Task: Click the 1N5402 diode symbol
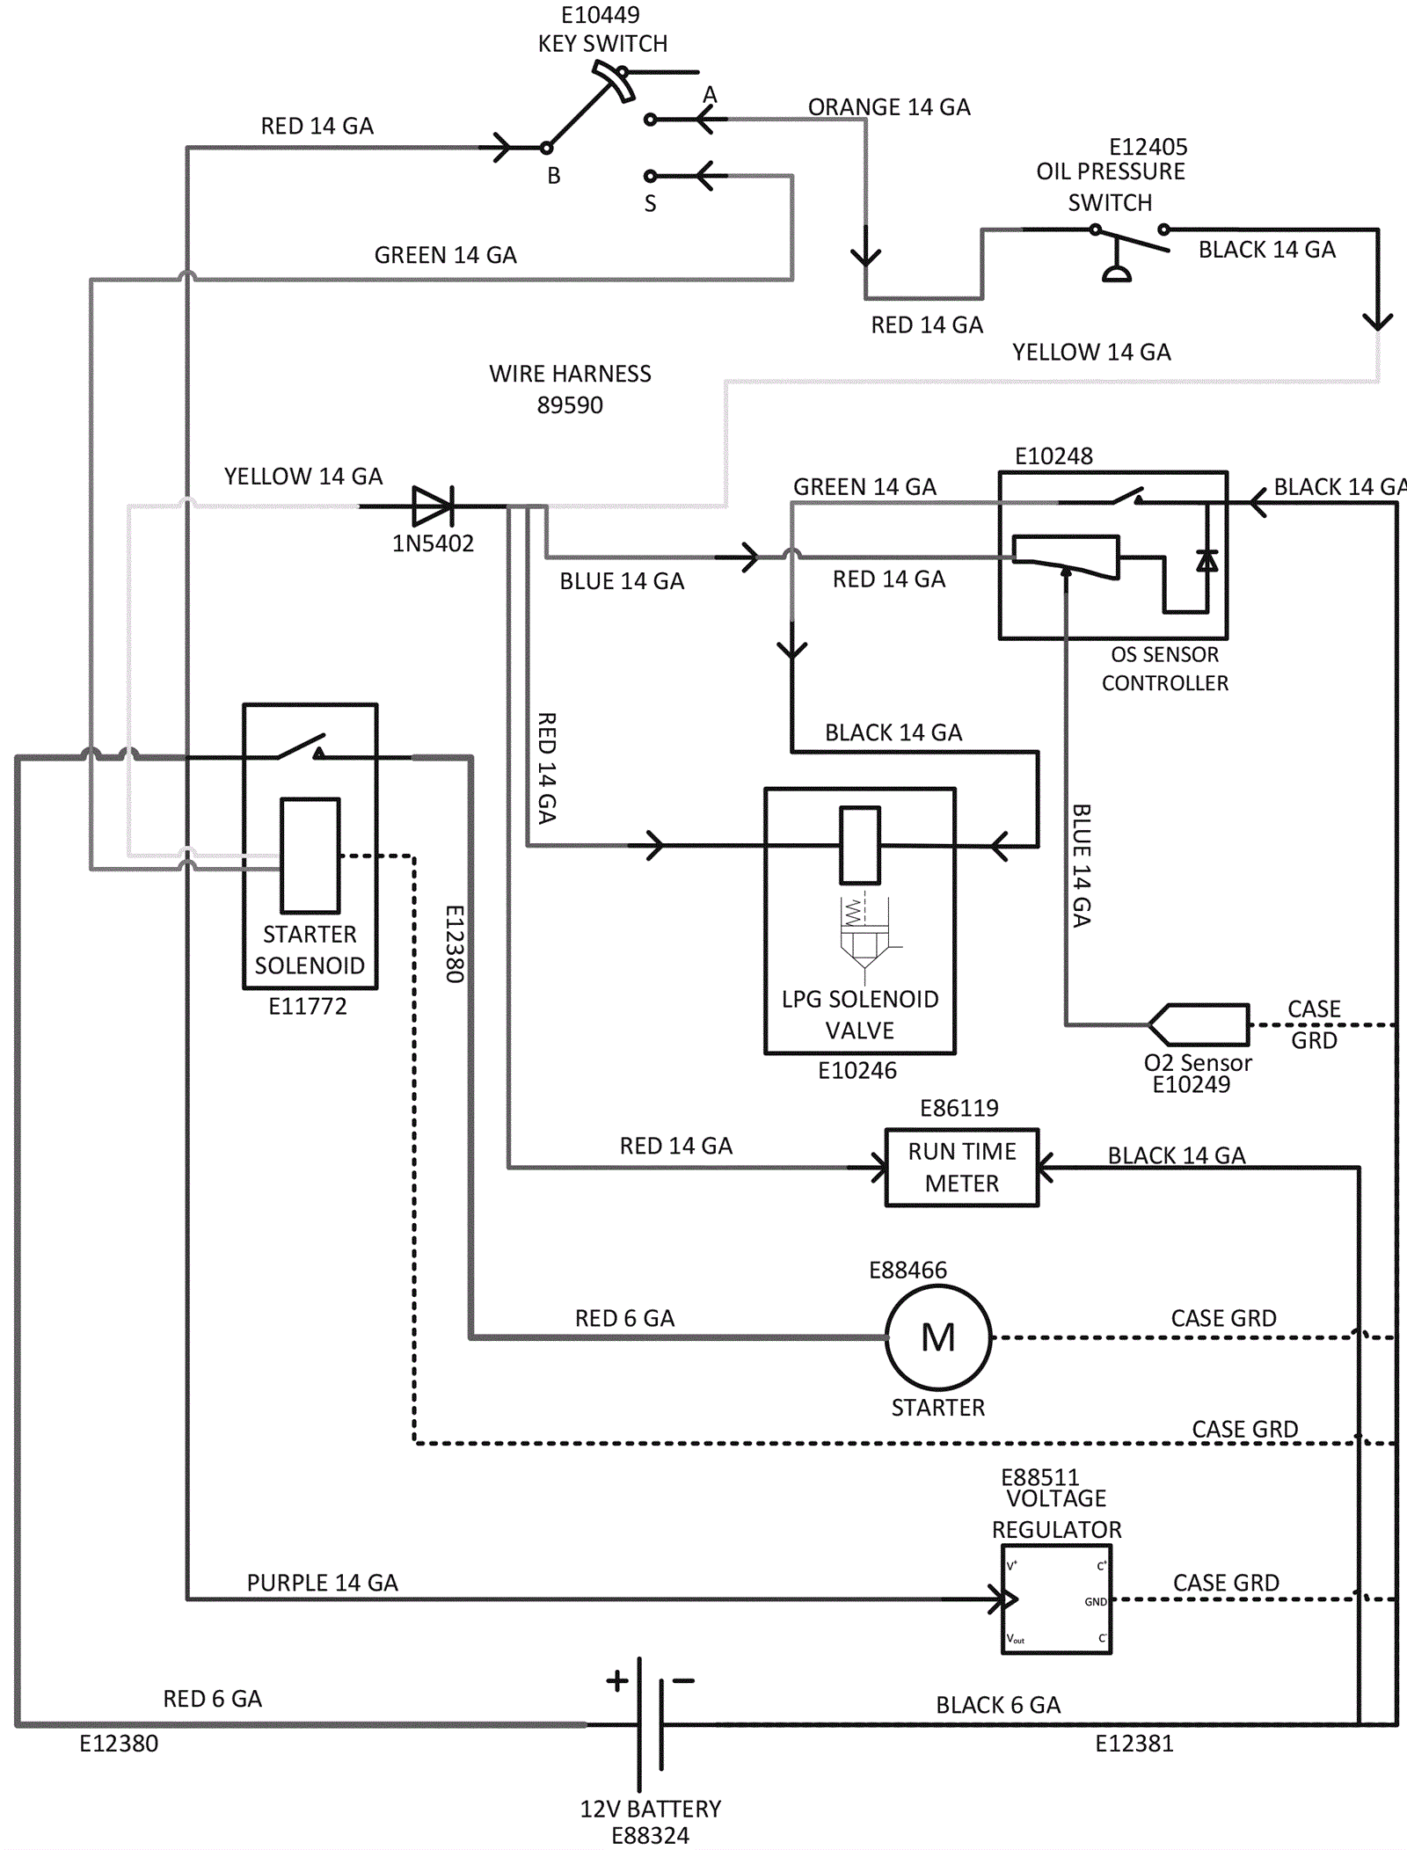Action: tap(434, 506)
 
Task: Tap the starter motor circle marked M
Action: tap(938, 1337)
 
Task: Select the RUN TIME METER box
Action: tap(962, 1168)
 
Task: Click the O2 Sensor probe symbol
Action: tap(1199, 1025)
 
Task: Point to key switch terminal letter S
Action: tap(650, 204)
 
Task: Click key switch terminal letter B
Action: tap(554, 176)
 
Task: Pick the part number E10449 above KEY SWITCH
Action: tap(601, 15)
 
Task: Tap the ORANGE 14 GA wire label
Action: tap(889, 107)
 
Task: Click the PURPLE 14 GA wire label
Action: tap(322, 1583)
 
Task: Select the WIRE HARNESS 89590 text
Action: tap(570, 390)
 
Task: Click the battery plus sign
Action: tap(617, 1681)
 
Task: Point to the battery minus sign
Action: tap(683, 1681)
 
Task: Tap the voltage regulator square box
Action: tap(1056, 1600)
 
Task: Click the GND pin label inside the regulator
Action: tap(1095, 1602)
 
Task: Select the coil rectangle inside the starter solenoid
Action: tap(310, 856)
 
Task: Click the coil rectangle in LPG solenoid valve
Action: tap(859, 845)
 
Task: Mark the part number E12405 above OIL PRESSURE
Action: tap(1148, 147)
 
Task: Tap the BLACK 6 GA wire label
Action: tap(998, 1705)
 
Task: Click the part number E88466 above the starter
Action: tap(908, 1271)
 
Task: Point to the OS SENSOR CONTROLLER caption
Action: tap(1164, 668)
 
